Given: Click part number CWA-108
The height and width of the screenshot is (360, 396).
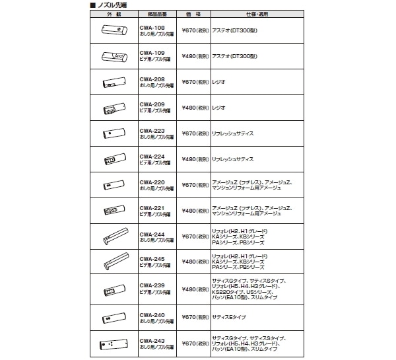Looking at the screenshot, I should (x=152, y=28).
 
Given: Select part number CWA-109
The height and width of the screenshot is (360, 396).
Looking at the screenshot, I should (x=152, y=54).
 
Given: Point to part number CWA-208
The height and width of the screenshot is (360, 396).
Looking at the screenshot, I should (x=152, y=79).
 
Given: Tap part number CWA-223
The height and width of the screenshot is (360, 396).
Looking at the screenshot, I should (x=152, y=130).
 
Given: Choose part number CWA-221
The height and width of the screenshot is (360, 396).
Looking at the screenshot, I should (x=152, y=207).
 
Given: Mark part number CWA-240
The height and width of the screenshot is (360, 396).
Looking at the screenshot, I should (x=152, y=314).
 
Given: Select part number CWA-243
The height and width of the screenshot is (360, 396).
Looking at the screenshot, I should (x=152, y=342).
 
